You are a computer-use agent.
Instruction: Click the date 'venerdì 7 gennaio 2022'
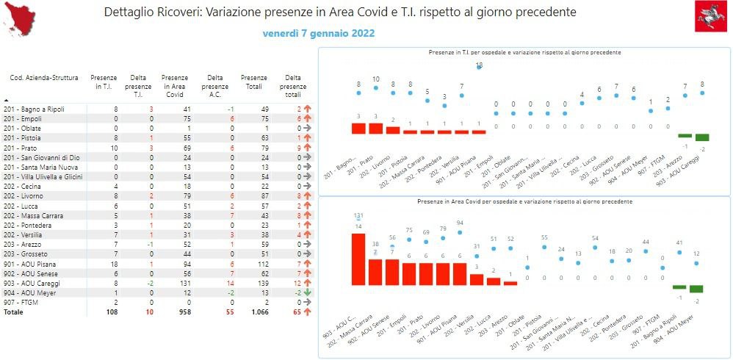tap(319, 33)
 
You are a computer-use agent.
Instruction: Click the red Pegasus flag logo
tap(711, 16)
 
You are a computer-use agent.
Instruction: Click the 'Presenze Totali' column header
tap(254, 82)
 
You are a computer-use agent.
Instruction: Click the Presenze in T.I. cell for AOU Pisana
tap(113, 263)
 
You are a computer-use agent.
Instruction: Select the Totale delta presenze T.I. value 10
tap(149, 312)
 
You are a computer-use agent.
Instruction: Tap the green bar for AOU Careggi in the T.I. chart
tap(702, 137)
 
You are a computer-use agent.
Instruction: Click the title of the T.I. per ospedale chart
tap(524, 53)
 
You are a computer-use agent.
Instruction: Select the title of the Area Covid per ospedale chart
tap(524, 201)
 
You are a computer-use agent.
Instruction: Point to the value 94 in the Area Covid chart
tap(460, 223)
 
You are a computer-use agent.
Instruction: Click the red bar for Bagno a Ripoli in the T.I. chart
tap(358, 128)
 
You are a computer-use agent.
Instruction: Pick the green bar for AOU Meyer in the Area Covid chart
tap(696, 289)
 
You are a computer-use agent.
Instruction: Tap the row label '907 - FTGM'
tap(22, 301)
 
